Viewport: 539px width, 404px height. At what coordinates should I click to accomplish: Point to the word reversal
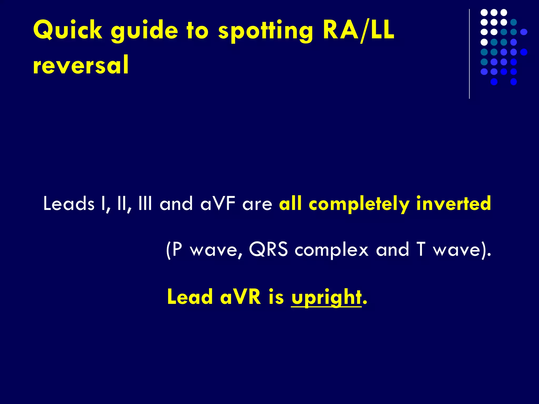point(81,65)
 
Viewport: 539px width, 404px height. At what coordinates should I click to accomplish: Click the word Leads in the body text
point(69,204)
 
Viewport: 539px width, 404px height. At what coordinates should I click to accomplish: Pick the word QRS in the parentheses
point(268,249)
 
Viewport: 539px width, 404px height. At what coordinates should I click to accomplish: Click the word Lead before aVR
point(190,297)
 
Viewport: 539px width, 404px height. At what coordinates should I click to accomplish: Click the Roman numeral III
point(145,204)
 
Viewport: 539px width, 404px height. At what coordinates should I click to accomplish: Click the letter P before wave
point(177,249)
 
